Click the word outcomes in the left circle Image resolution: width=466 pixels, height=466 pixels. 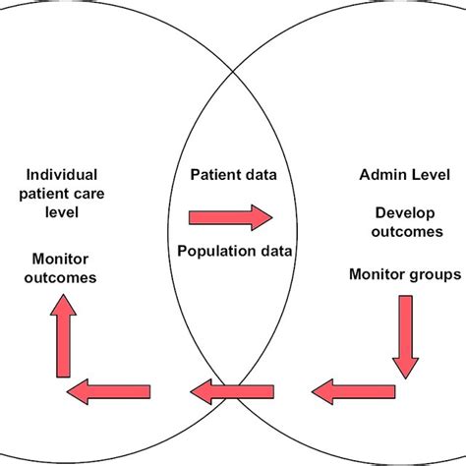coord(62,277)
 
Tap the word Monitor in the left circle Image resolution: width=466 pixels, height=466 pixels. coord(62,258)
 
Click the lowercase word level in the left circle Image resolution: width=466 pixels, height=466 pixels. coord(62,212)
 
